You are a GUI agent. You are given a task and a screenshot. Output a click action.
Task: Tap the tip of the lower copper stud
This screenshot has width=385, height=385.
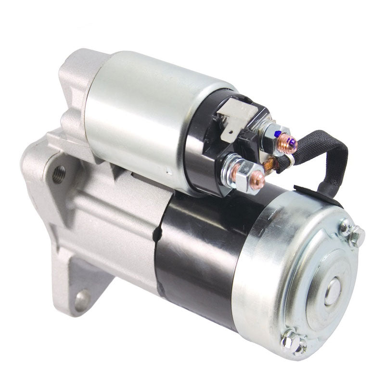tap(260, 180)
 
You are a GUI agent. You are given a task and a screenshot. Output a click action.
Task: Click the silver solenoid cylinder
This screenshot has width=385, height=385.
tap(144, 111)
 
